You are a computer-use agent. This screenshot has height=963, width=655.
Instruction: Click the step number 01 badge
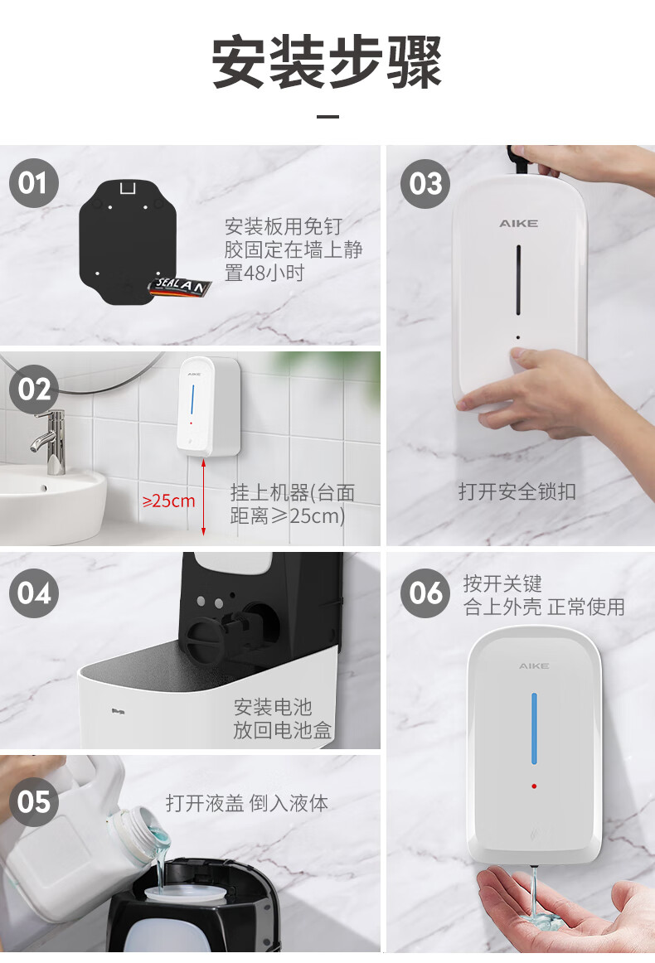click(34, 183)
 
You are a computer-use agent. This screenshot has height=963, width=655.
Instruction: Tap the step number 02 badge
click(34, 390)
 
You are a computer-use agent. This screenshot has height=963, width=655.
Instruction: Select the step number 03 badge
click(425, 184)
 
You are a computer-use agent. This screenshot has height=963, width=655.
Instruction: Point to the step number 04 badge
click(34, 593)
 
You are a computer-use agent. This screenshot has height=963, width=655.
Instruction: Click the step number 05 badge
click(34, 802)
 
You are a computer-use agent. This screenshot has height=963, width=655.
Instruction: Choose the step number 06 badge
click(425, 593)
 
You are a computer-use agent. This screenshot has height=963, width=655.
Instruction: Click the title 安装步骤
click(327, 62)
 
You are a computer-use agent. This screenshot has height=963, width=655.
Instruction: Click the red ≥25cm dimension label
click(168, 501)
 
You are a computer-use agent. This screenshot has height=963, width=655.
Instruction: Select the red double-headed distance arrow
click(203, 497)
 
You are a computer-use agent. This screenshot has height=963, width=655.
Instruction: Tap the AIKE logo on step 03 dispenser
click(518, 224)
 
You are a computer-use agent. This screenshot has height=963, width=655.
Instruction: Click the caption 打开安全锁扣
click(517, 492)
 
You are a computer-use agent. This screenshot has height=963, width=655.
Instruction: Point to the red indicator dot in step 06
click(534, 786)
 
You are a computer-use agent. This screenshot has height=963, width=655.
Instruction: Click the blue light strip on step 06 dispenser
click(534, 729)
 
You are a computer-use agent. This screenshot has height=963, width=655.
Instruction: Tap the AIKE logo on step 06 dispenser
click(534, 665)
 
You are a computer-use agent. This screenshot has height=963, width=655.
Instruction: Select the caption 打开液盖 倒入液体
click(247, 803)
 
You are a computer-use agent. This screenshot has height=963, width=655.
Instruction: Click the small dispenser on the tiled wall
click(208, 407)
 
